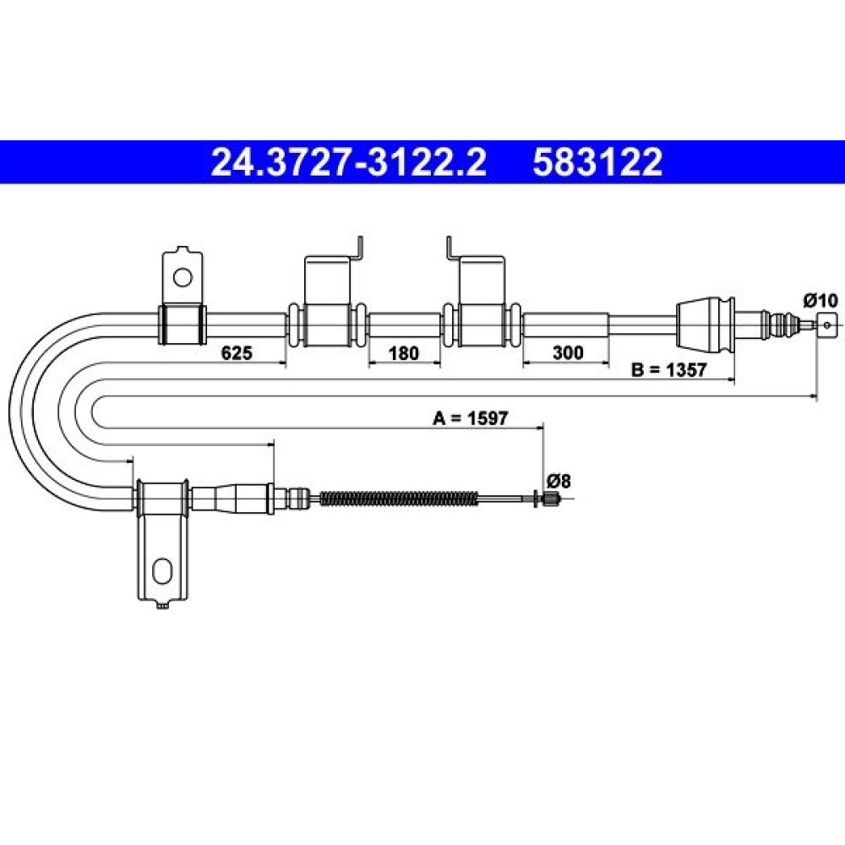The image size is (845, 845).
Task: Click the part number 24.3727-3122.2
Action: pyautogui.click(x=348, y=162)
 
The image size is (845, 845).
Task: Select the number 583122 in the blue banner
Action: pyautogui.click(x=597, y=162)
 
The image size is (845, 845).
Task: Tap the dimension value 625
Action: pyautogui.click(x=237, y=353)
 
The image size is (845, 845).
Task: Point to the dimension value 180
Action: pyautogui.click(x=404, y=353)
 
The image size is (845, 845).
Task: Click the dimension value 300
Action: pyautogui.click(x=568, y=352)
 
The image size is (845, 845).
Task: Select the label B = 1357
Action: pyautogui.click(x=668, y=370)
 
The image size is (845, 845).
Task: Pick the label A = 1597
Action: pyautogui.click(x=470, y=417)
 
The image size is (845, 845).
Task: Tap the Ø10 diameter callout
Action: pyautogui.click(x=820, y=301)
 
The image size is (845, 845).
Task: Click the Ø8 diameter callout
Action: pyautogui.click(x=559, y=480)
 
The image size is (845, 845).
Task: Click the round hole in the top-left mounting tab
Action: pyautogui.click(x=183, y=277)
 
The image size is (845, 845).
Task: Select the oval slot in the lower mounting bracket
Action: pyautogui.click(x=161, y=571)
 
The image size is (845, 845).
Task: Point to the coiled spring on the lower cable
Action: pyautogui.click(x=399, y=499)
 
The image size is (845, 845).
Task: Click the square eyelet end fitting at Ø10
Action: pyautogui.click(x=826, y=324)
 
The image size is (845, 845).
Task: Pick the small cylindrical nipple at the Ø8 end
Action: pyautogui.click(x=550, y=499)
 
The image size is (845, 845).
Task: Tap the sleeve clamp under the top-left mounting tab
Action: pyautogui.click(x=182, y=324)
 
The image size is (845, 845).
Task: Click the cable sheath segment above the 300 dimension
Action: pyautogui.click(x=566, y=324)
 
